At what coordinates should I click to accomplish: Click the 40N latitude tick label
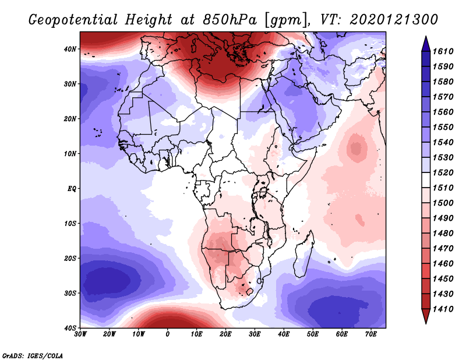point(70,49)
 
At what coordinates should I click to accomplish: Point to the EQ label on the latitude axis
point(72,189)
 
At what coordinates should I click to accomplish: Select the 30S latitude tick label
point(70,293)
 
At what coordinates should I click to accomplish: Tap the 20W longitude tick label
point(110,334)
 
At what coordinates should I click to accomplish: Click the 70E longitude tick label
point(371,334)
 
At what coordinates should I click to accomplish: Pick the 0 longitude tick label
point(168,334)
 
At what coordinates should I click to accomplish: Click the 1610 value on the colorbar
point(443,51)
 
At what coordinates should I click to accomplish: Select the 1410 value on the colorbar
point(443,309)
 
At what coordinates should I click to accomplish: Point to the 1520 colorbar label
point(443,172)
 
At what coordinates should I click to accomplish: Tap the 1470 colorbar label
point(443,249)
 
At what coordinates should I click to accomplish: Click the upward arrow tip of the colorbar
point(426,36)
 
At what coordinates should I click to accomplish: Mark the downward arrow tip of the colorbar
point(426,323)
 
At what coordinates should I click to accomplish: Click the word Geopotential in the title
point(73,20)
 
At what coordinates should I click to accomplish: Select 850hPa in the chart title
point(230,20)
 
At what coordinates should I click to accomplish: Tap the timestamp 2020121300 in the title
point(394,20)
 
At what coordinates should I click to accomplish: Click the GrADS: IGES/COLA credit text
point(33,355)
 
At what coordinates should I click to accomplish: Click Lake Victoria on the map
point(263,192)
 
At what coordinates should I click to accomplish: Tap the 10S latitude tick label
point(70,223)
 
